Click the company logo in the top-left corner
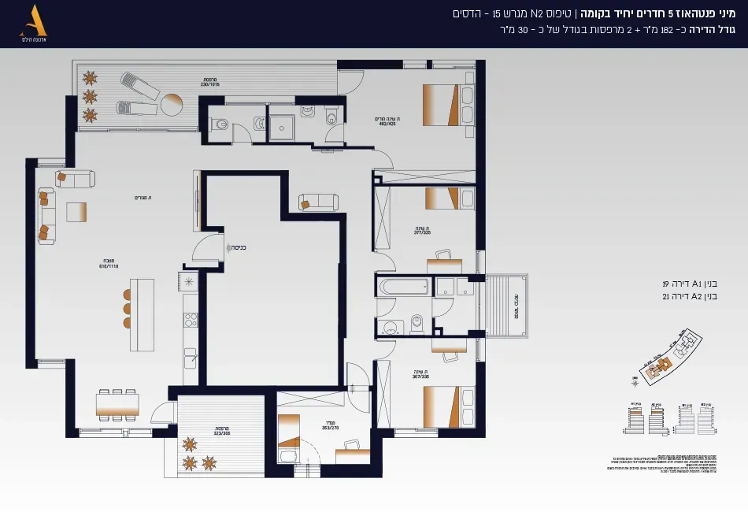tap(37, 24)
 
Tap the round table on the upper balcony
tap(172, 104)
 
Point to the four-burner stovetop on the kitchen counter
tap(190, 321)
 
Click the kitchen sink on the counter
tap(190, 358)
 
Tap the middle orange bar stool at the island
tap(127, 308)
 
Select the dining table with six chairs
tap(117, 404)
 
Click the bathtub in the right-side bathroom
tap(403, 287)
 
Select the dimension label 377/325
tap(423, 232)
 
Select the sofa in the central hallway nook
tap(318, 202)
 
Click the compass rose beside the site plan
tap(635, 383)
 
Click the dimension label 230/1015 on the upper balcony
tap(209, 82)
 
